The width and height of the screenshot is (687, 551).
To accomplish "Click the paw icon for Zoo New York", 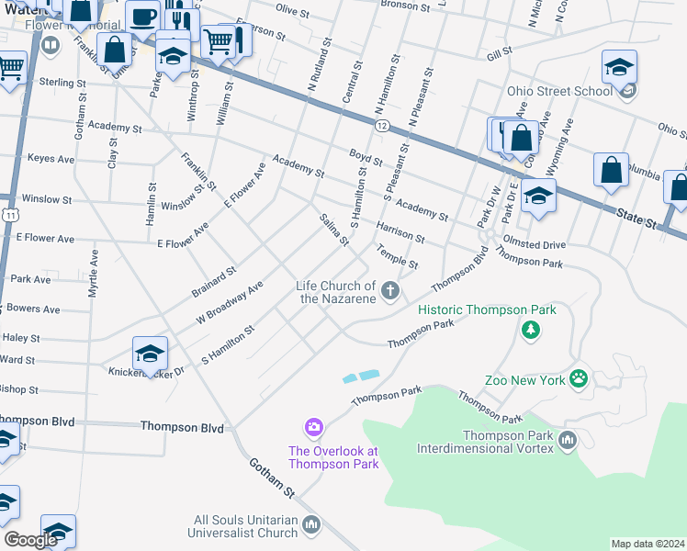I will (578, 378).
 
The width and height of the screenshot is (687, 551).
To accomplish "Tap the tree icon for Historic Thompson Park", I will (529, 330).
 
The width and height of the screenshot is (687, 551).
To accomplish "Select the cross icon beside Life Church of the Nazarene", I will (390, 291).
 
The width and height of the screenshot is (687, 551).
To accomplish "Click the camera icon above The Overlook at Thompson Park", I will (314, 427).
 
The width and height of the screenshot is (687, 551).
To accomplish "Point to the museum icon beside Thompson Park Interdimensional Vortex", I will (567, 441).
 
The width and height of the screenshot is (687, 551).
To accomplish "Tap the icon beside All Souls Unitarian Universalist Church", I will (311, 525).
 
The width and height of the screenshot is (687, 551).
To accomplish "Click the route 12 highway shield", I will (381, 124).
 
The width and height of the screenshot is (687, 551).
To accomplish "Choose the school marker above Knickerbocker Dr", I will (150, 352).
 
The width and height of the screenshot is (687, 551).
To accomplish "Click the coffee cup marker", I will (141, 16).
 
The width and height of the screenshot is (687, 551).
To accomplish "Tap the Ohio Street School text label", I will (559, 91).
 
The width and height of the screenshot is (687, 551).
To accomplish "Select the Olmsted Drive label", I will (533, 245).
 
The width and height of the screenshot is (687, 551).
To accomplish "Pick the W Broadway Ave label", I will (230, 303).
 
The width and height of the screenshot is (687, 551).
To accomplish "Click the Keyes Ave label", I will (51, 158).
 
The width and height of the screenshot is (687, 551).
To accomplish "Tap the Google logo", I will (30, 540).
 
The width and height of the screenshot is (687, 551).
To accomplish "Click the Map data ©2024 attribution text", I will (647, 544).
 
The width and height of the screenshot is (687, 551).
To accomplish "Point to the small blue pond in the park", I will (361, 377).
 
